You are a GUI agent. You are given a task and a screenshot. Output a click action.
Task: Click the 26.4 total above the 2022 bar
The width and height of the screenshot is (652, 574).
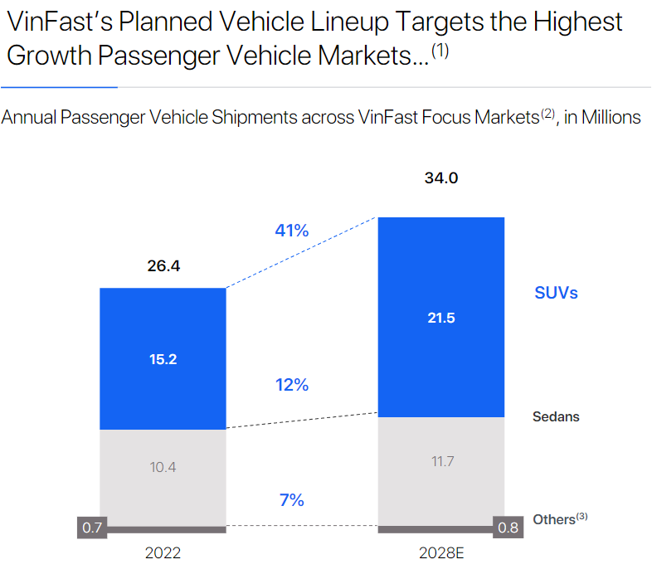[x=163, y=266]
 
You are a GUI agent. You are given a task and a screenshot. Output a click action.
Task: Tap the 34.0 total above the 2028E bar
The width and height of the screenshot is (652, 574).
[x=440, y=178]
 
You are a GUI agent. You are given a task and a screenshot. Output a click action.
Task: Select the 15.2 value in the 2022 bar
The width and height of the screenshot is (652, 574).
[x=163, y=359]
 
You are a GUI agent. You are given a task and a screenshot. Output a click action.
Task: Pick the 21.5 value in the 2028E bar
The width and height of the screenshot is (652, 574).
[x=440, y=318]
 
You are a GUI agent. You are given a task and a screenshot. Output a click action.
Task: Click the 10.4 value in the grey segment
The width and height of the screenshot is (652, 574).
[x=163, y=467]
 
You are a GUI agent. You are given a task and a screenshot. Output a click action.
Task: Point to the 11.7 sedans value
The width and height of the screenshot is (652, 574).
[x=440, y=461]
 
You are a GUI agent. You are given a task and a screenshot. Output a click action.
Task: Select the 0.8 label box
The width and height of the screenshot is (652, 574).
[x=508, y=528]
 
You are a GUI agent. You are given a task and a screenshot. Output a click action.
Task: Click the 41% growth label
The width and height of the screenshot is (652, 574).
[x=291, y=231]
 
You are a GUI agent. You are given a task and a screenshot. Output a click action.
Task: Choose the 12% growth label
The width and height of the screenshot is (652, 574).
[x=291, y=385]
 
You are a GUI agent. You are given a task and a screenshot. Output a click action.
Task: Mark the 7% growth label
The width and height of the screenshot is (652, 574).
[x=291, y=500]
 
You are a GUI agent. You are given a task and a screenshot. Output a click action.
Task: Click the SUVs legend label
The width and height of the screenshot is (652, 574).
[x=556, y=293]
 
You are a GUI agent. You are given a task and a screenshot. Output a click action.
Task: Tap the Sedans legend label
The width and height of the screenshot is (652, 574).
[x=556, y=416]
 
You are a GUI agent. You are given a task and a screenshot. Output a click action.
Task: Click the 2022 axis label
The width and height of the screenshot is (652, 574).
[x=163, y=553]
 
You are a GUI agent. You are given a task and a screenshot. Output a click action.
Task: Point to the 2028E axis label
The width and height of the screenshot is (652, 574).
[x=440, y=553]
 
